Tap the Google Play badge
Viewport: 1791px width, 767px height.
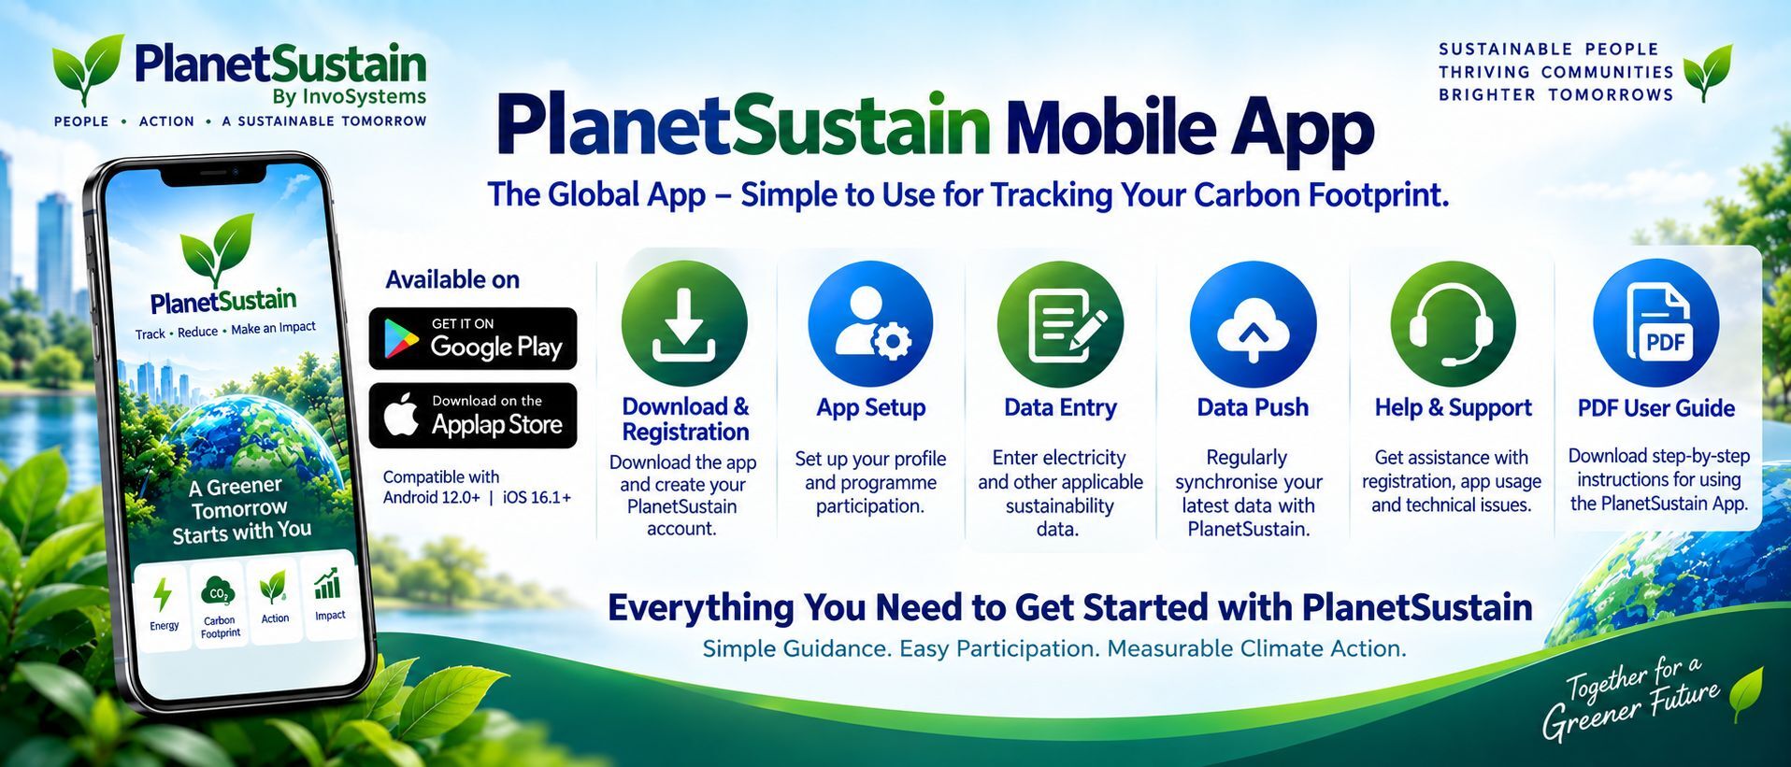tap(473, 338)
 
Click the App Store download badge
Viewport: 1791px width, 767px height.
tap(473, 415)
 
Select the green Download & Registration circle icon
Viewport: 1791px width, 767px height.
tap(684, 323)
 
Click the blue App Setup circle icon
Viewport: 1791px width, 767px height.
tap(870, 323)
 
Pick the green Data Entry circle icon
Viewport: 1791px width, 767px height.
tap(1060, 323)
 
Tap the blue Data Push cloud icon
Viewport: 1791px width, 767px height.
tap(1253, 323)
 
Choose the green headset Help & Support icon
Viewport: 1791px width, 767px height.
tap(1453, 323)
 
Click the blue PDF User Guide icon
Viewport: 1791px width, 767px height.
tap(1655, 323)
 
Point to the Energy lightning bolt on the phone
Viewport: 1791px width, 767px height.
tap(163, 594)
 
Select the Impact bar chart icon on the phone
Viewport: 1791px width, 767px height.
tap(327, 584)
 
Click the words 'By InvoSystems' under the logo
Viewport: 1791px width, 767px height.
tap(350, 96)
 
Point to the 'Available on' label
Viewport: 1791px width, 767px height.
tap(452, 279)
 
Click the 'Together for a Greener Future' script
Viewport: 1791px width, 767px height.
tap(1631, 698)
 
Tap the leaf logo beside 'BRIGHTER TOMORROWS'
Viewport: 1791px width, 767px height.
tap(1707, 72)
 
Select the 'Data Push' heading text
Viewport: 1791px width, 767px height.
tap(1253, 407)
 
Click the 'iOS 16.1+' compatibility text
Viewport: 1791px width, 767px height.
tap(537, 497)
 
